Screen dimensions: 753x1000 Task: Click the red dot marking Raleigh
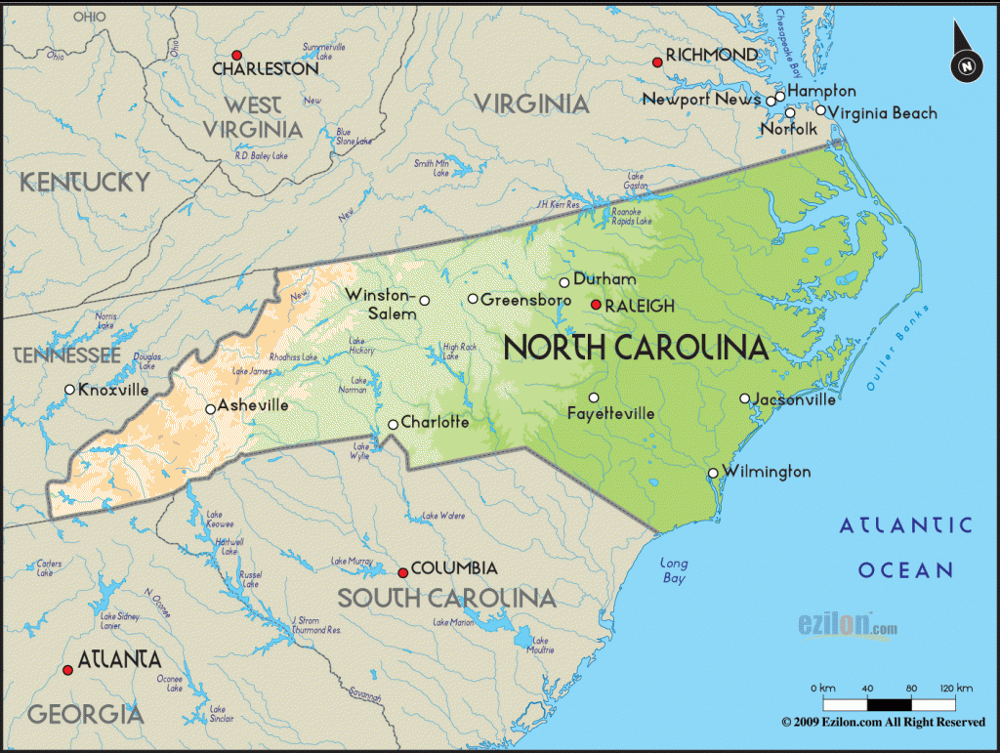(596, 305)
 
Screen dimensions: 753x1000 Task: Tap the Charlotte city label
(435, 423)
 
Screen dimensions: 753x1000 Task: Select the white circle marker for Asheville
(210, 409)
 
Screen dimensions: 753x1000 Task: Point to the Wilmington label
(766, 472)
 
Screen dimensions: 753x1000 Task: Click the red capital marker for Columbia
(402, 572)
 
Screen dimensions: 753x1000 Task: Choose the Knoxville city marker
(69, 390)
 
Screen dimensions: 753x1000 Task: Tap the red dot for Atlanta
(67, 670)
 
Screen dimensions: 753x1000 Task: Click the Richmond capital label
(711, 54)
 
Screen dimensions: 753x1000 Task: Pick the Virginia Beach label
(883, 113)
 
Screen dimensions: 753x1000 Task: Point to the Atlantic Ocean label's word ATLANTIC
(906, 526)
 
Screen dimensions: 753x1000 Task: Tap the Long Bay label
(674, 570)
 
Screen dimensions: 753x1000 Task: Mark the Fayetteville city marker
(594, 397)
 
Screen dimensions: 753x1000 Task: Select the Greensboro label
(525, 300)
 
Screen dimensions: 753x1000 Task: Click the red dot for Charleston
(236, 55)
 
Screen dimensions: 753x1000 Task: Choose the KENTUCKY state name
(85, 182)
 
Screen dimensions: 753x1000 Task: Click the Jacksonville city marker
(744, 398)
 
